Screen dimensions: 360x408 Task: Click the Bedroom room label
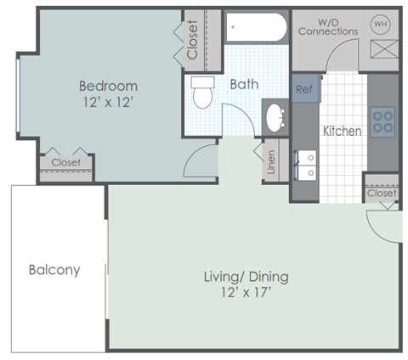(x=108, y=86)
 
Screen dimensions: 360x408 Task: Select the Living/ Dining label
(x=246, y=277)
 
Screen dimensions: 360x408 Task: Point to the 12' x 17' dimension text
(x=246, y=294)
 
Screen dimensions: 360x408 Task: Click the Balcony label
(x=54, y=270)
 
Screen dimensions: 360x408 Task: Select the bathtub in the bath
(x=258, y=29)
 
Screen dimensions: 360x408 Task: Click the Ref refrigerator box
(x=303, y=88)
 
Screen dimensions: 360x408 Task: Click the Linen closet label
(x=271, y=161)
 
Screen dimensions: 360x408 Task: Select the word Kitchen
(x=342, y=132)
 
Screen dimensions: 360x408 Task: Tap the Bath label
(x=244, y=84)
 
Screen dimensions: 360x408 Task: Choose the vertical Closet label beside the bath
(x=192, y=39)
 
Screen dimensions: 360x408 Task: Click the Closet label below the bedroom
(x=65, y=162)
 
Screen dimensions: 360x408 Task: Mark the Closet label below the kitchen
(x=382, y=193)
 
